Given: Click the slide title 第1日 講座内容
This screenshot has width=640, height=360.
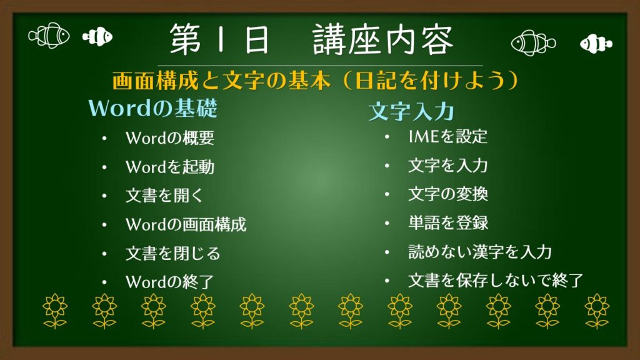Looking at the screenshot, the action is tap(311, 39).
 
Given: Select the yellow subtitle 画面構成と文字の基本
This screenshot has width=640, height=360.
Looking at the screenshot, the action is tap(221, 81).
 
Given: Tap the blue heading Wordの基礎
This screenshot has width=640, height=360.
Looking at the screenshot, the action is tap(152, 109).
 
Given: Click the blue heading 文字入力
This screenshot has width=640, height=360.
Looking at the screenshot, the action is tap(411, 111).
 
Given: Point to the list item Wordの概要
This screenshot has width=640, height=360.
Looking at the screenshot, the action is tap(170, 138).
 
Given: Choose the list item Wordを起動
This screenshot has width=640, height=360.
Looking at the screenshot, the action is tap(170, 167).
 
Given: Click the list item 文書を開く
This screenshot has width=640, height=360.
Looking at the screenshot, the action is tap(164, 196).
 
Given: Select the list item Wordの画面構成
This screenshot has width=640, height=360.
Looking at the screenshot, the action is tap(186, 224).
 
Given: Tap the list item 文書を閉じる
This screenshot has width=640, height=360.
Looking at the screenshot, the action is tap(172, 254).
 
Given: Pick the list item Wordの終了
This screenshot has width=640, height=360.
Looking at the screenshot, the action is tap(170, 282).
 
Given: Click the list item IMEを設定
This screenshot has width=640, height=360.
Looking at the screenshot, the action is tap(447, 137).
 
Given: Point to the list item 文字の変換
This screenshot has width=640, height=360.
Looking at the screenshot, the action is tap(448, 194).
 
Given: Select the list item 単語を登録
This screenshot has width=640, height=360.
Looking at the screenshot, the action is tap(448, 223).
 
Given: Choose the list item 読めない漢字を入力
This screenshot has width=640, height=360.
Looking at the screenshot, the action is tap(480, 252).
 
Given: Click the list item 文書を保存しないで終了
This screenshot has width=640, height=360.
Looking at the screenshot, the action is tap(496, 281).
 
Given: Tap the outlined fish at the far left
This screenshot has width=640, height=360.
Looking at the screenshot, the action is tap(49, 36).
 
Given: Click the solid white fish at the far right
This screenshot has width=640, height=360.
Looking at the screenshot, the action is tap(596, 43).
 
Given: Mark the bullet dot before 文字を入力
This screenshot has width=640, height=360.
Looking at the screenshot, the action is tap(387, 166).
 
